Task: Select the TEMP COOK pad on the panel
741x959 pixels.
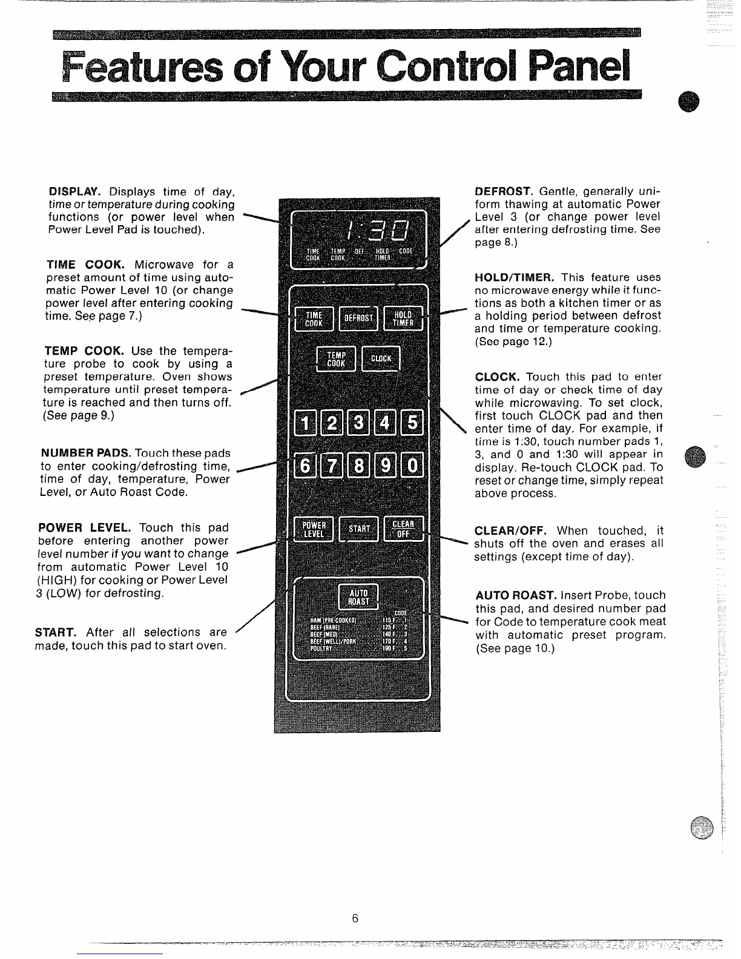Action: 335,360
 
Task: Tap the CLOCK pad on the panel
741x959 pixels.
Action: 381,359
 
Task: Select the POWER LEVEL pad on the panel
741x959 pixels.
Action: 314,529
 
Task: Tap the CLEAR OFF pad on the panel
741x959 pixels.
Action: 403,529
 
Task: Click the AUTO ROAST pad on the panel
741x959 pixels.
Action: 358,597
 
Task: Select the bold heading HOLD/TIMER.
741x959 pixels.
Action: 514,277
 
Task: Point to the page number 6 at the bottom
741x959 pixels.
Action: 355,918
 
